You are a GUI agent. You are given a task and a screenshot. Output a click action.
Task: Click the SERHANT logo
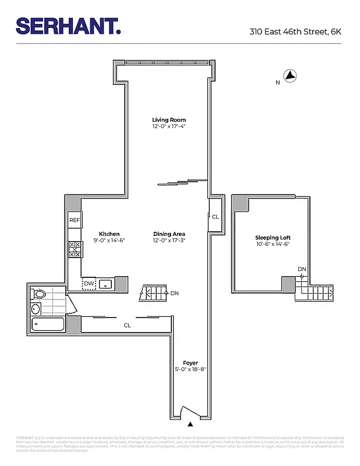coord(68,26)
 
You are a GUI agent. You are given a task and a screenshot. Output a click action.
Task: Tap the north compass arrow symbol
coord(290,76)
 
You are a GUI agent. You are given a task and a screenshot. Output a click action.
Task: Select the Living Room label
coord(169,120)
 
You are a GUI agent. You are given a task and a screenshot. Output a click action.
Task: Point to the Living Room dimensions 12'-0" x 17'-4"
coord(169,126)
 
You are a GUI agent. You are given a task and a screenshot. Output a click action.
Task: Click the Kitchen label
coord(109,234)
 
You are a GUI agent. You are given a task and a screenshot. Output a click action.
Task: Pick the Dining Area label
coord(169,234)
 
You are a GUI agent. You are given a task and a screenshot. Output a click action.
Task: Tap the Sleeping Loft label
coord(273,238)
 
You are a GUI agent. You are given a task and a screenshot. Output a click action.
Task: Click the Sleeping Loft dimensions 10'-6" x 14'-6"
coord(273,244)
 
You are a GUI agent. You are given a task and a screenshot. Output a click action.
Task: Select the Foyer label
coord(190,363)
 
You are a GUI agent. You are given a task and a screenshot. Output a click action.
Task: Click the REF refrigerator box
coord(75,220)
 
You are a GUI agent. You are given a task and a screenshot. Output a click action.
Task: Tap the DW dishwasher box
coord(89,284)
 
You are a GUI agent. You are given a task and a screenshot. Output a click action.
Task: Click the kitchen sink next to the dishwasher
coord(105,284)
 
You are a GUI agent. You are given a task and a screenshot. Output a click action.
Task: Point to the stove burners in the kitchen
coord(75,249)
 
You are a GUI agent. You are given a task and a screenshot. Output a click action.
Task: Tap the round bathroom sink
coord(36,309)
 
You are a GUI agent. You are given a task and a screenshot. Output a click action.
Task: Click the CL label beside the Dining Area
coord(215,217)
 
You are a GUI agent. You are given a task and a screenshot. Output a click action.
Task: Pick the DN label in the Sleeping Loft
coord(302,269)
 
